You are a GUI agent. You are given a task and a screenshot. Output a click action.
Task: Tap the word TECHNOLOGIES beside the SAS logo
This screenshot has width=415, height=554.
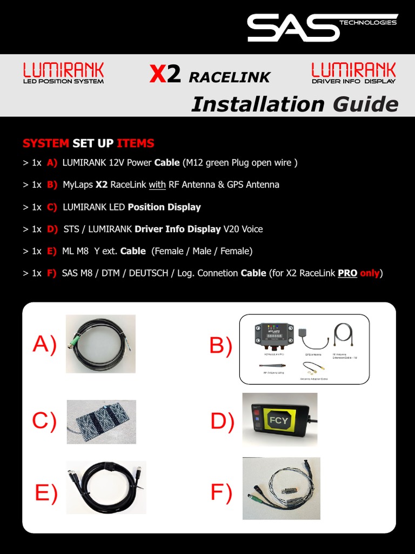(368, 23)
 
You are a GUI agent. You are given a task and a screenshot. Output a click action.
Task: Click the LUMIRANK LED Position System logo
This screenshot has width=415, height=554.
(63, 73)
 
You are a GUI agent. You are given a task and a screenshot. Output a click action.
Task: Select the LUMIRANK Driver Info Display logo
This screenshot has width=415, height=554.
(353, 73)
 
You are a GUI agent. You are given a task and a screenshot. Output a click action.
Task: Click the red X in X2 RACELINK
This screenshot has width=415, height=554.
(157, 75)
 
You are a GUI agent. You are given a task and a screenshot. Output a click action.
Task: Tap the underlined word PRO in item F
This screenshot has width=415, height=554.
(347, 273)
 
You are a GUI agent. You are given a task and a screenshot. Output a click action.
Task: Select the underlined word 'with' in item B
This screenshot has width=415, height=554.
(157, 184)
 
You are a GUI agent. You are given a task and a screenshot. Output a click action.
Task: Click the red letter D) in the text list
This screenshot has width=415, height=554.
(52, 229)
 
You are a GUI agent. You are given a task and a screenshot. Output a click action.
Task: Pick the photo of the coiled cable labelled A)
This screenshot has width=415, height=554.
(101, 344)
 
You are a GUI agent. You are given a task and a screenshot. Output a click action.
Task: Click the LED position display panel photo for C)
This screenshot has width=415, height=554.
(101, 422)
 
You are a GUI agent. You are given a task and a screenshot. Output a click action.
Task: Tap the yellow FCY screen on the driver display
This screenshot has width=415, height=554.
(279, 420)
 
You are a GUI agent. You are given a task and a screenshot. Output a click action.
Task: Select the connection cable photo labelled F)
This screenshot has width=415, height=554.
(281, 489)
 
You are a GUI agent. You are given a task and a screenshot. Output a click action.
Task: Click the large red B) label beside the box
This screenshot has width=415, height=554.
(220, 345)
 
